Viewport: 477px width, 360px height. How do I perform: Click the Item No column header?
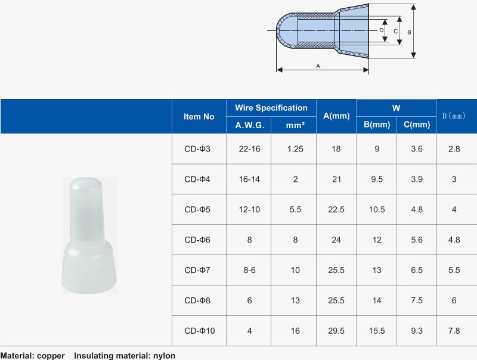[x=199, y=117]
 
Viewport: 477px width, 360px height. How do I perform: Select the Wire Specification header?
[x=271, y=108]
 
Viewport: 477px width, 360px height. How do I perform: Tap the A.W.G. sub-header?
[x=249, y=125]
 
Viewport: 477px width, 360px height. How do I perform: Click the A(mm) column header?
[x=336, y=116]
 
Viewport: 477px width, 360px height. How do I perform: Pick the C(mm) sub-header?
[x=416, y=125]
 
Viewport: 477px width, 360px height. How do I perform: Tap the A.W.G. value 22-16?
[x=249, y=149]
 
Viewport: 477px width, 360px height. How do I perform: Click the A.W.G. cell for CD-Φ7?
[x=249, y=270]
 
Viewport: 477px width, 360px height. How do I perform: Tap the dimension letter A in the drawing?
[x=318, y=66]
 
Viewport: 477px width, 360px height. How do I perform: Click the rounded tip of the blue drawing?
[x=282, y=30]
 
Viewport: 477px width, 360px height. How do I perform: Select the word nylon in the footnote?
[x=163, y=356]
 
